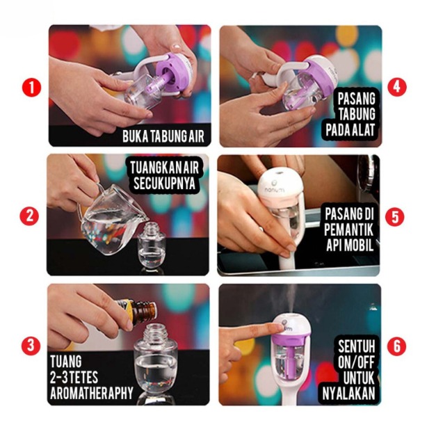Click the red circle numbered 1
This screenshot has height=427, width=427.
click(31, 88)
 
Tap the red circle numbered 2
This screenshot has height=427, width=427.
click(29, 216)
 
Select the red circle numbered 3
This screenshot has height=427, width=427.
click(31, 346)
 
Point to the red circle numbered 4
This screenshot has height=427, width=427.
click(397, 88)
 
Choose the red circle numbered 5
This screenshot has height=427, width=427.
click(395, 216)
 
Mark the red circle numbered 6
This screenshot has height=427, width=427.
click(396, 346)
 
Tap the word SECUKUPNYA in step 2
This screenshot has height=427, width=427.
click(165, 184)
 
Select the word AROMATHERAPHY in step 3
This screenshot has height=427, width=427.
click(92, 393)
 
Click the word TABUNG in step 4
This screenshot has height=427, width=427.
click(357, 114)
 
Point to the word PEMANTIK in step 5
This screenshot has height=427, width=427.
click(348, 229)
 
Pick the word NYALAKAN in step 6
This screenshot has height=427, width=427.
click(348, 393)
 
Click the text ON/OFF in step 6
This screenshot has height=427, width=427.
click(357, 362)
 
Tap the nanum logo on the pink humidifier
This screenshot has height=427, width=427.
click(274, 188)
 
